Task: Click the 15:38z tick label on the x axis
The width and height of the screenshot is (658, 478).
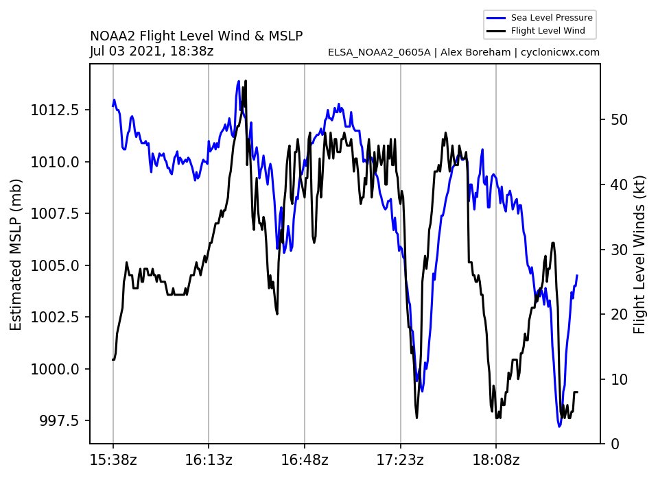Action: coord(113,459)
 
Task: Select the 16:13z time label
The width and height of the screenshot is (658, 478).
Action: coord(209,459)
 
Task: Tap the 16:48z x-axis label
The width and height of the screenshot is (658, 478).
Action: coord(305,459)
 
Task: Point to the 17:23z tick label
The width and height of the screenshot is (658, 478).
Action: coord(401,459)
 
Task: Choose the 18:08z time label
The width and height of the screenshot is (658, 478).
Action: coord(496,459)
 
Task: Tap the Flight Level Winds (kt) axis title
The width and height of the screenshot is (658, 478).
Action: coord(639,254)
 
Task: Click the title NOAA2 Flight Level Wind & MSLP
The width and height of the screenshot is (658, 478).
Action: coord(196,36)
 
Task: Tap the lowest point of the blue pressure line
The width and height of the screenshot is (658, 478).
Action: coord(559,427)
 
